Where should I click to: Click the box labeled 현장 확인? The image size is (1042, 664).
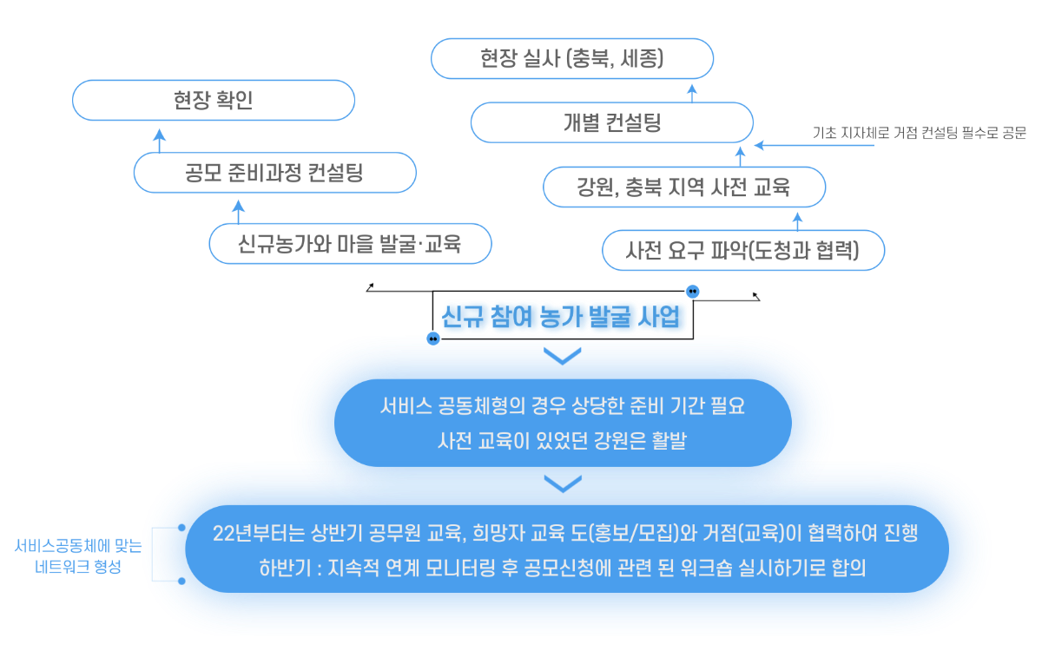(x=214, y=101)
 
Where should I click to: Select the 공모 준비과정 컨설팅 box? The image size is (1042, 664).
(x=274, y=173)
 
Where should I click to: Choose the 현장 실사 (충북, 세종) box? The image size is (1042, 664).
(x=572, y=59)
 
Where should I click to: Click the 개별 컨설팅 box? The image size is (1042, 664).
(x=611, y=122)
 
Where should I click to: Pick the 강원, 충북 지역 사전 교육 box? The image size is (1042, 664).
(x=683, y=187)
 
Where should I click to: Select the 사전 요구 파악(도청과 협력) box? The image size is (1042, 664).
(x=743, y=251)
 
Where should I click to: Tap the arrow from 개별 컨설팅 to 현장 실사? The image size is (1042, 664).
(x=692, y=90)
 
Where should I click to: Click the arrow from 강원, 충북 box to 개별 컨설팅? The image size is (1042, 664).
(x=740, y=155)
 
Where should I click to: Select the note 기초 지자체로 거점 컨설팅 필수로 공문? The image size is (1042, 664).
(x=920, y=134)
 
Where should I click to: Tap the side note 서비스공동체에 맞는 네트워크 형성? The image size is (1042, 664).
(x=78, y=556)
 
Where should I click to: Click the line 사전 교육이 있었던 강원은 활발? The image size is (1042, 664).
(x=562, y=441)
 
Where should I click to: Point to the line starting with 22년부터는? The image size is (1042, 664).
(x=565, y=534)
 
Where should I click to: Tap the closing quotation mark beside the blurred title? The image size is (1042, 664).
(x=693, y=292)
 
